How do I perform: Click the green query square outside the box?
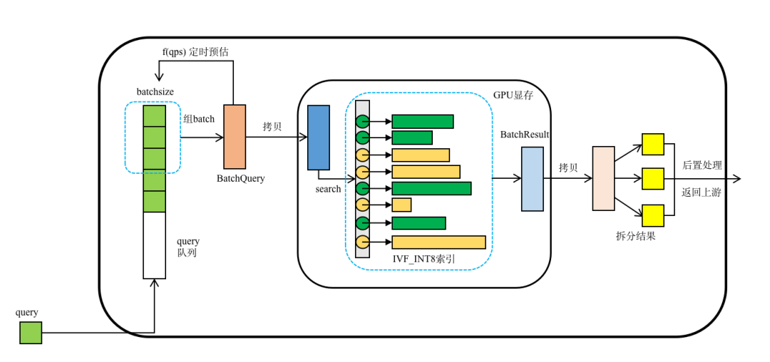[31, 333]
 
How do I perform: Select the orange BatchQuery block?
[235, 136]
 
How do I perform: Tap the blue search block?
[319, 138]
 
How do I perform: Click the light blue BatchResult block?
[532, 179]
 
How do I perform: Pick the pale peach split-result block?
[603, 178]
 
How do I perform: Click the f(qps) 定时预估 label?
[195, 52]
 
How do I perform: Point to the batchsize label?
[155, 92]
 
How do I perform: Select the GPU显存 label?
[513, 95]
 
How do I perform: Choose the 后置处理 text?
[702, 165]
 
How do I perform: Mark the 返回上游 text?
[702, 192]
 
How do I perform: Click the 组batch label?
[199, 119]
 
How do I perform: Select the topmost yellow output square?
[652, 144]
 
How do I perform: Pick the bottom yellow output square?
[652, 215]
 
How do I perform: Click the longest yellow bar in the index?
[438, 242]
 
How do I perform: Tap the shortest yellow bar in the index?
[401, 205]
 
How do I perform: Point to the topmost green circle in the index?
[363, 121]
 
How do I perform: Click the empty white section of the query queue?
[154, 245]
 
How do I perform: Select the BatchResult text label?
[525, 135]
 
